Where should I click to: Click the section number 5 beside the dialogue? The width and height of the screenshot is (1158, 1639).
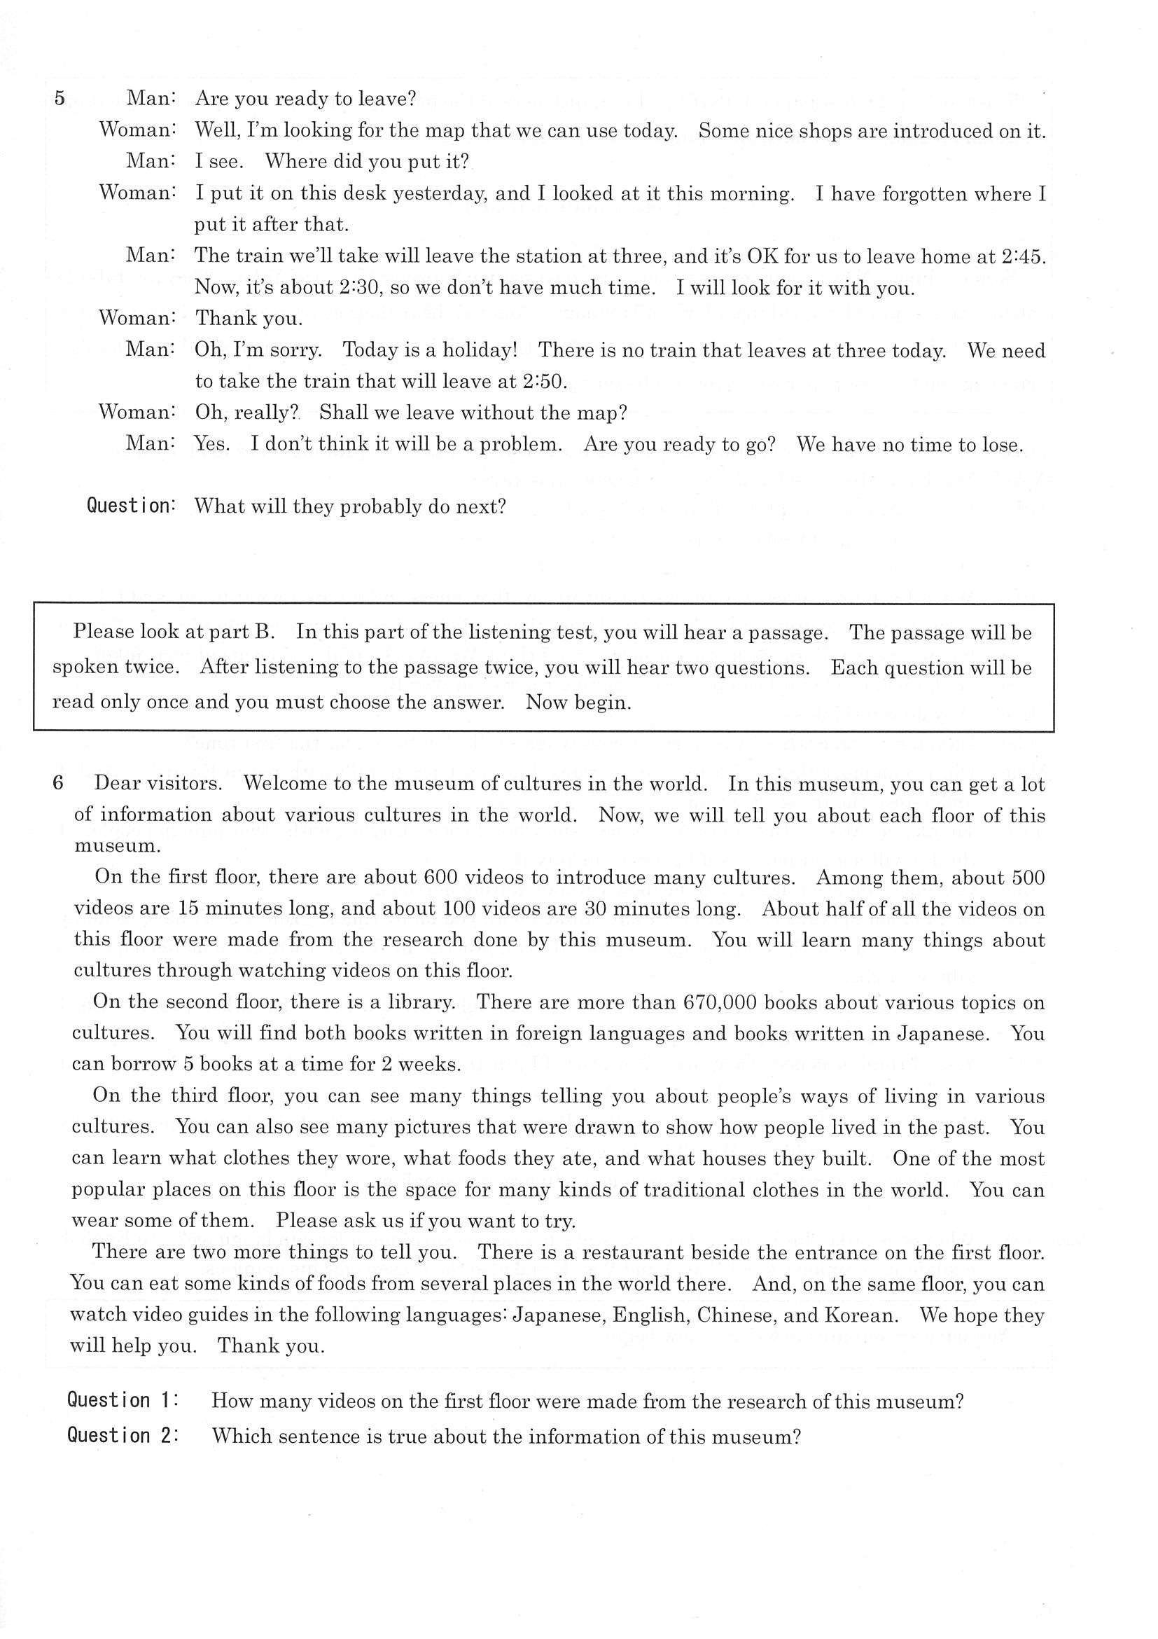(60, 99)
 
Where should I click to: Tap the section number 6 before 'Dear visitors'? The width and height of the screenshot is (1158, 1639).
(59, 783)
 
